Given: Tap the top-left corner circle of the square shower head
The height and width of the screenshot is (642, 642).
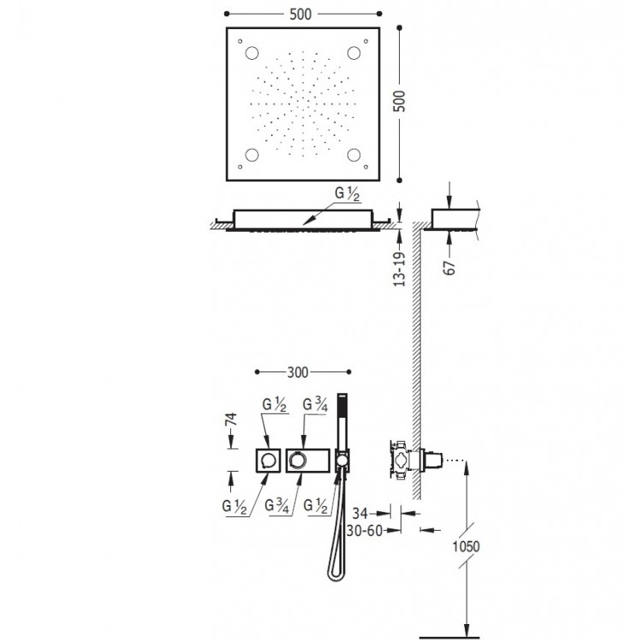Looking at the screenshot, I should [253, 54].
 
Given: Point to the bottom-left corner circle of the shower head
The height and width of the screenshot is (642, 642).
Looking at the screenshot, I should [253, 155].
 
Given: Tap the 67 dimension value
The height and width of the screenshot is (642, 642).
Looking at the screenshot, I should [449, 267].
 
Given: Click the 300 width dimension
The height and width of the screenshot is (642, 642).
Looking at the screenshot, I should [297, 372].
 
